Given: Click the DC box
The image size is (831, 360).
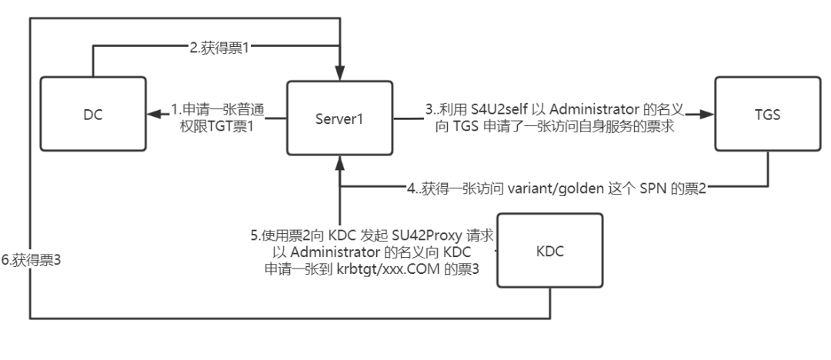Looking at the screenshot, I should tap(93, 115).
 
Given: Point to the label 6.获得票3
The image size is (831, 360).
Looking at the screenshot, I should tap(32, 260).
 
